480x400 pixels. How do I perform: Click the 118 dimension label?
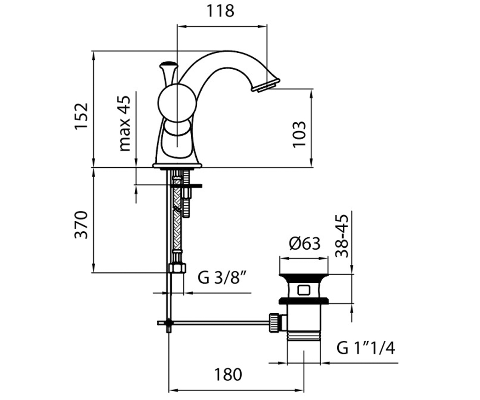[x=220, y=11]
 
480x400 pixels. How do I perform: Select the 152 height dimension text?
[x=81, y=116]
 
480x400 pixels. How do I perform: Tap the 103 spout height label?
[x=299, y=134]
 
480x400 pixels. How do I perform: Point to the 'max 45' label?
[x=125, y=124]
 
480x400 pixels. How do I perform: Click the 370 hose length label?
[x=81, y=225]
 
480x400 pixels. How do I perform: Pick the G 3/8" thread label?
[x=222, y=278]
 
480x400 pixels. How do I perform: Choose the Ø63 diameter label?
[x=305, y=244]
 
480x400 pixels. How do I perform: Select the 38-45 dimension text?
[x=342, y=236]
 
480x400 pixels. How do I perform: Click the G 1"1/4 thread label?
[x=366, y=348]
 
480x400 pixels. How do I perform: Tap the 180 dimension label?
[x=228, y=375]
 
